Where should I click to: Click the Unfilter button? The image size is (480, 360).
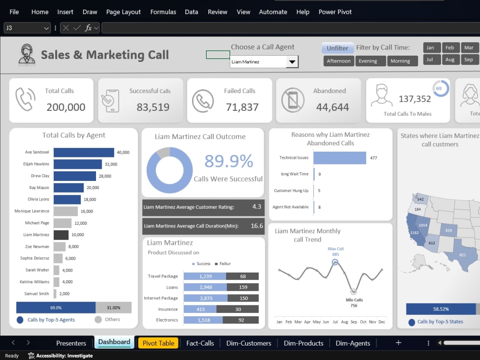337,48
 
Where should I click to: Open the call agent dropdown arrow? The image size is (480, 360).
292,62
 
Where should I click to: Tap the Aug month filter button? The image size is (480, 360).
450,60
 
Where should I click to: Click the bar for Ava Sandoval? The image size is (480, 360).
84,153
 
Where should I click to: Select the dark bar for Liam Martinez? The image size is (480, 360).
61,235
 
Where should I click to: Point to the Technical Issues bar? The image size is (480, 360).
340,158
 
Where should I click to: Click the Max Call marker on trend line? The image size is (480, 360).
335,262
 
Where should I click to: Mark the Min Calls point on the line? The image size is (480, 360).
354,291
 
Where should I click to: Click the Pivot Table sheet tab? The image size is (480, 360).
158,343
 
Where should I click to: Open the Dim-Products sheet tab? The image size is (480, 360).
303,343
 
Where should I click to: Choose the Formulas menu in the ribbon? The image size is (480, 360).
163,12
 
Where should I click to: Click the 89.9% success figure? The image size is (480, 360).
228,161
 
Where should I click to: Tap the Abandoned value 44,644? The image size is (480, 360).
333,107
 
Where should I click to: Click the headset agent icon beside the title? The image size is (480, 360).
26,54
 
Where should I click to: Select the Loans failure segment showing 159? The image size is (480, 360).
243,287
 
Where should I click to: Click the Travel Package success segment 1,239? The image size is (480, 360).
205,276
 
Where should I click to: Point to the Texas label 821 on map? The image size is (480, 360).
463,255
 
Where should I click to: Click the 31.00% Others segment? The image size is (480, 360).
114,308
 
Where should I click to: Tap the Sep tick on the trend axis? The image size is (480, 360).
354,322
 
